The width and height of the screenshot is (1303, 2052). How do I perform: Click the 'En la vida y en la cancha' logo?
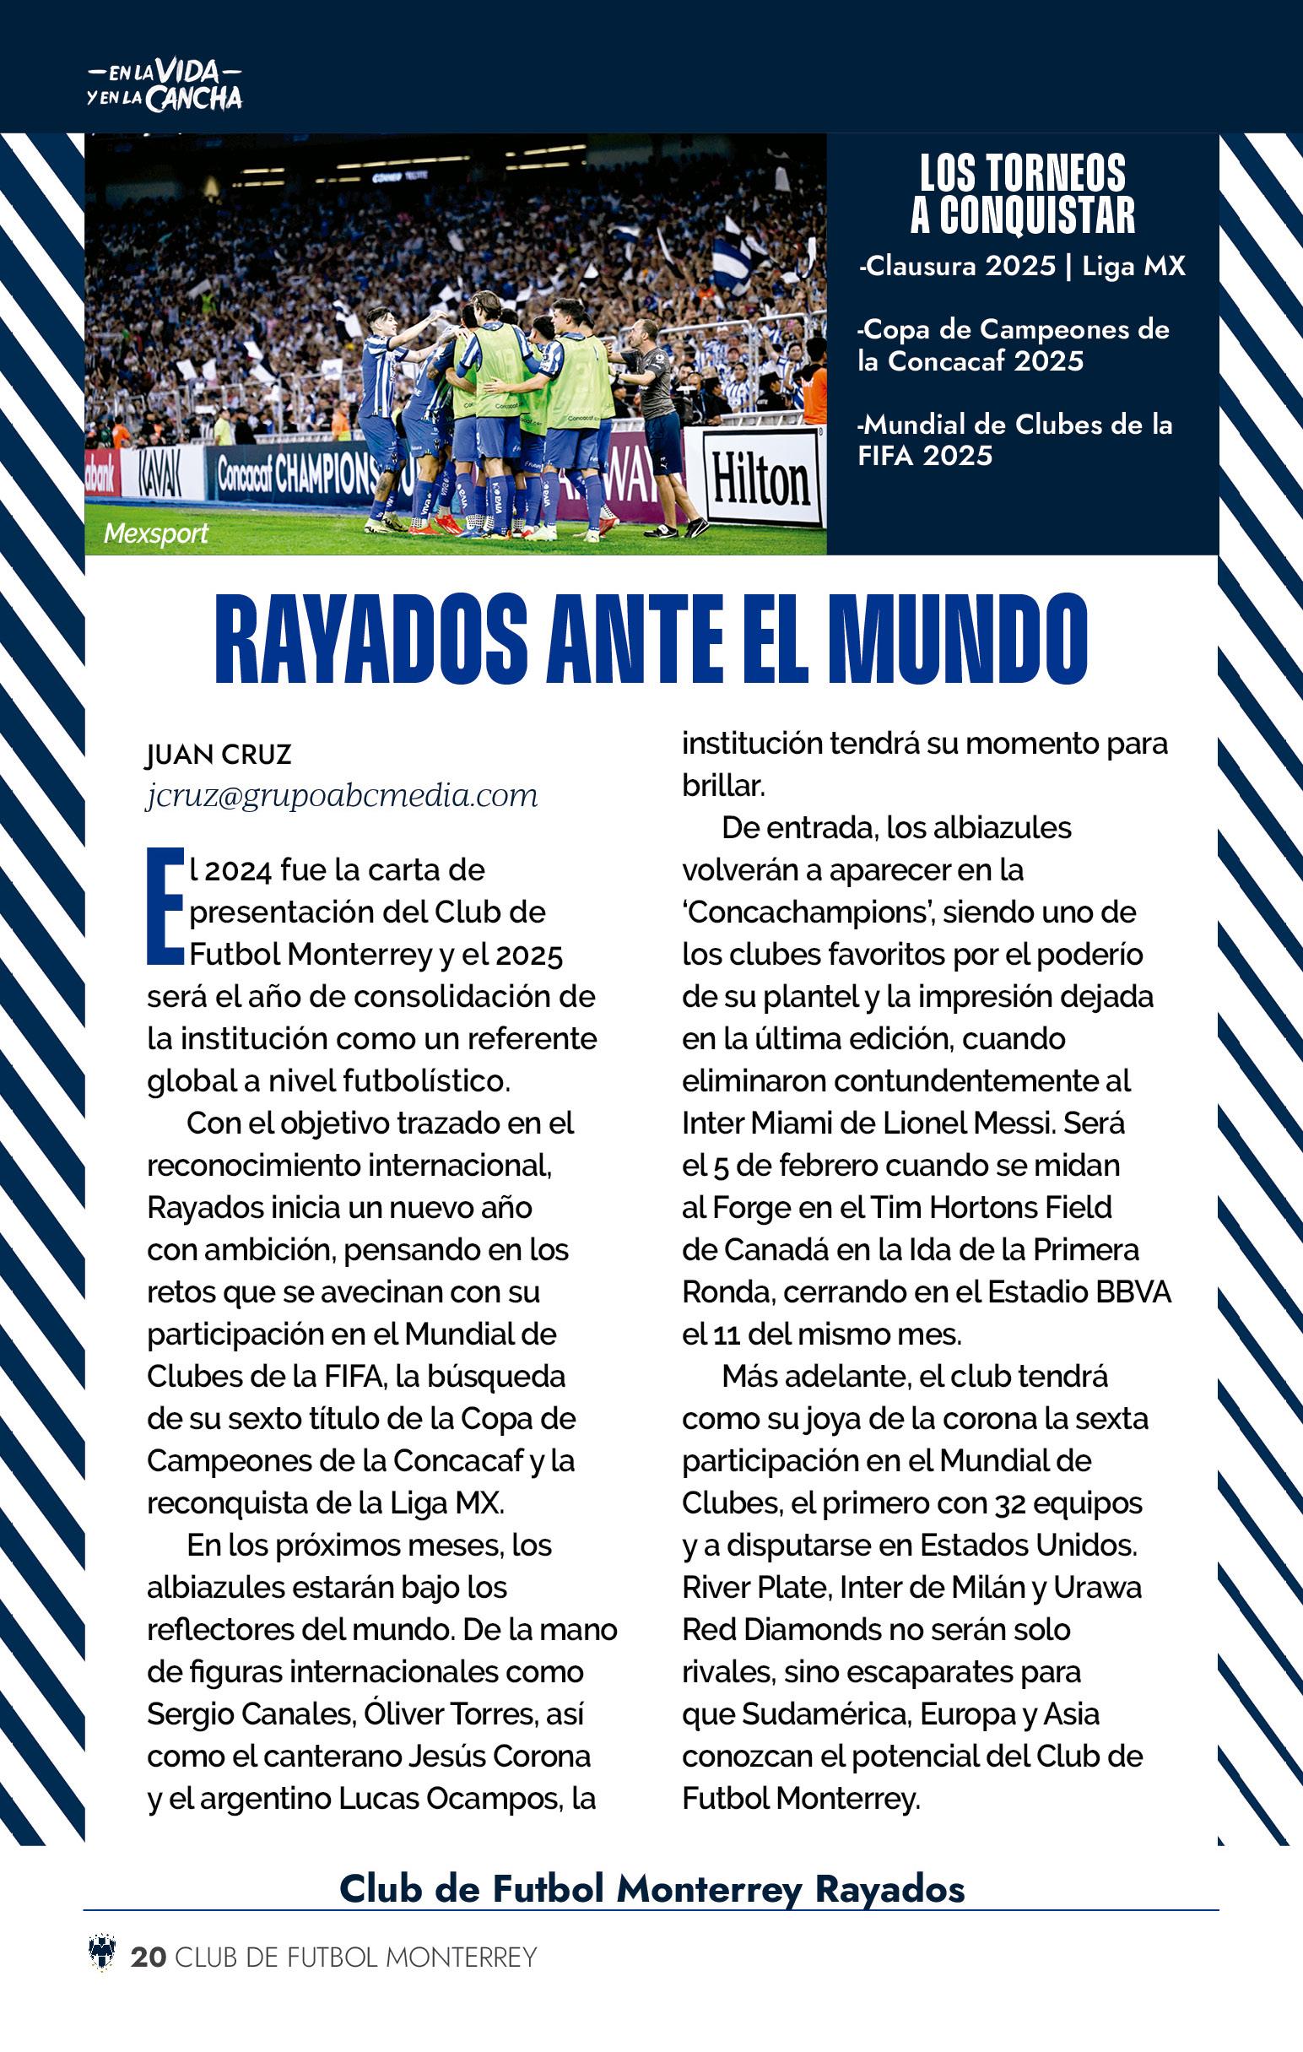tap(165, 86)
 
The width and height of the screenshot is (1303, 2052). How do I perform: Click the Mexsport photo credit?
tap(156, 533)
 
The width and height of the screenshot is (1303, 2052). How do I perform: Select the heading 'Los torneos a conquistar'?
tap(1022, 194)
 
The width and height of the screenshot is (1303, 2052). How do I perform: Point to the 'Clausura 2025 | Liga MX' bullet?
tap(1022, 267)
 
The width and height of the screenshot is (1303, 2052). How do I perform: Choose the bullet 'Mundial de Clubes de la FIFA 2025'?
tap(1014, 440)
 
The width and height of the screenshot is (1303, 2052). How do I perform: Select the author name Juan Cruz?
tap(219, 754)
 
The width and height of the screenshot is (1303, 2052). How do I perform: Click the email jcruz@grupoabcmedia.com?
tap(342, 796)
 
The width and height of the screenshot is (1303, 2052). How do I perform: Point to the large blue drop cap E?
tap(165, 906)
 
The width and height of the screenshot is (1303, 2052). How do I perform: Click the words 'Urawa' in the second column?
tap(1098, 1588)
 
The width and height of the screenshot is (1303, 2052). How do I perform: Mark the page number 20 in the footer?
tap(149, 1957)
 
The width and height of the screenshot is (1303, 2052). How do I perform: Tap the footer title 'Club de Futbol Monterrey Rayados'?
tap(652, 1888)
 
